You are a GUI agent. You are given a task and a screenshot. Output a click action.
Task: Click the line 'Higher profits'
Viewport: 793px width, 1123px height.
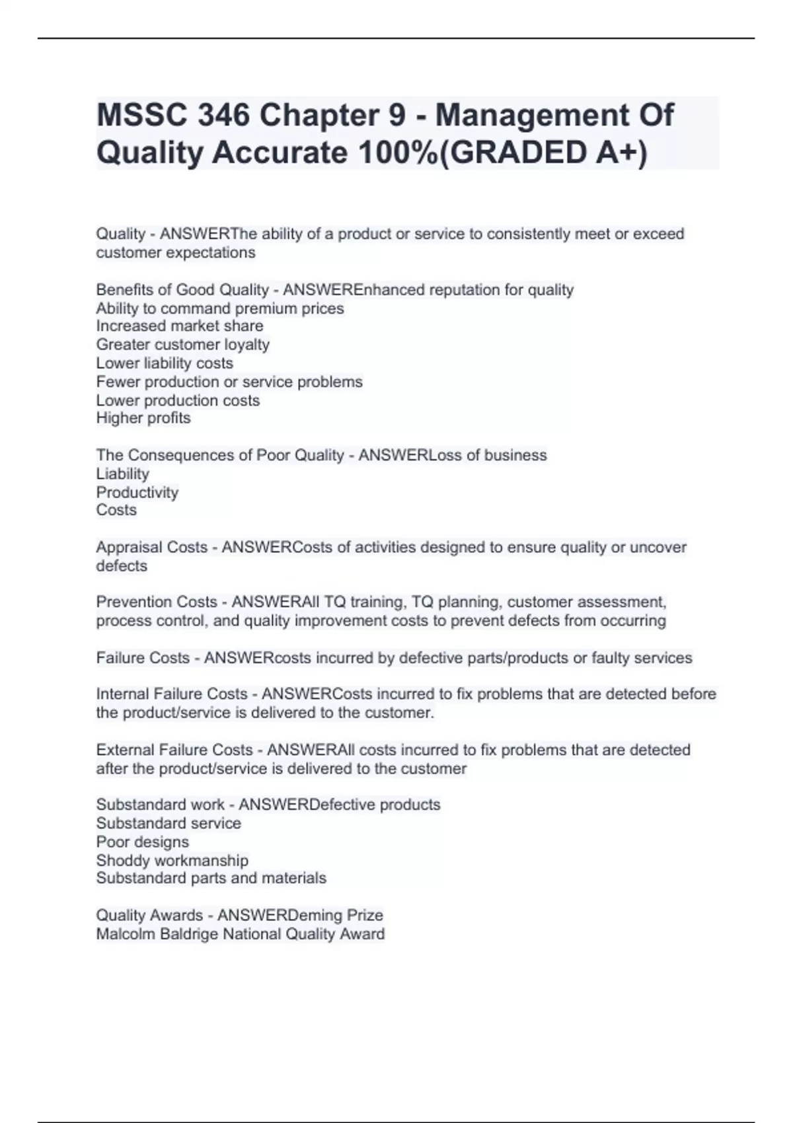143,418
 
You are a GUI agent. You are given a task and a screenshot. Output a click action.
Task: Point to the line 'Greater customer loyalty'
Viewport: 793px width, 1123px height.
183,345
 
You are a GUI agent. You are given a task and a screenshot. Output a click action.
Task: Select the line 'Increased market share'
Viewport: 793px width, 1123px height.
180,326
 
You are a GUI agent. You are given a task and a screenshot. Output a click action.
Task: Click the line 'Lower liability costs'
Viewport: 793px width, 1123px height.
165,363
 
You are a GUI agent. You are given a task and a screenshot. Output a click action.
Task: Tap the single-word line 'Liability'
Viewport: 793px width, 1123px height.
123,474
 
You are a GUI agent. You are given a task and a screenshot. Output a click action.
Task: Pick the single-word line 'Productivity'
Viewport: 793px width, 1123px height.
137,492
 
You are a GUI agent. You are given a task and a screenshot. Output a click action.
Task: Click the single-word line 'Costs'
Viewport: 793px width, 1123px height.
116,510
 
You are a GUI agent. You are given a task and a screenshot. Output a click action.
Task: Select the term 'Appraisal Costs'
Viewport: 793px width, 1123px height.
152,548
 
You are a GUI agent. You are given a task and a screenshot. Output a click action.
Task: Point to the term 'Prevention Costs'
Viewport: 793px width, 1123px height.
157,602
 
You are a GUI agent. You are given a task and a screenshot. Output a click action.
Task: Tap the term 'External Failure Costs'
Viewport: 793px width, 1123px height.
174,750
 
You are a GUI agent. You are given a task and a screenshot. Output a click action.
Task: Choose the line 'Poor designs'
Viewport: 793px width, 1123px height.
143,842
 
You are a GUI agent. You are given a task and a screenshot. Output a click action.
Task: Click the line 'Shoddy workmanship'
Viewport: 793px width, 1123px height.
172,861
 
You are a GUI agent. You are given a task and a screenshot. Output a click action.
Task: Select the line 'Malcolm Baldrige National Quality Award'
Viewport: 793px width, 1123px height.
241,934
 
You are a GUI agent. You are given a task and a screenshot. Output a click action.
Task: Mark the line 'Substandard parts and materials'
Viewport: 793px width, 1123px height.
211,879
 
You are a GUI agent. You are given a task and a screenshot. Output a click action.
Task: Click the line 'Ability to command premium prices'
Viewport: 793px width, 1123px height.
220,308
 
